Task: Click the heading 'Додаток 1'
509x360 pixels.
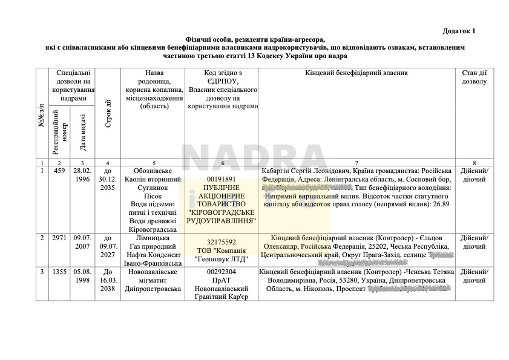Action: coord(459,30)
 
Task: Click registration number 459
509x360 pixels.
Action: coord(59,171)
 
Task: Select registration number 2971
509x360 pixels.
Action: coord(59,238)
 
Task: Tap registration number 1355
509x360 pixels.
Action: coord(59,272)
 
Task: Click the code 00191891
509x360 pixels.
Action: coord(222,180)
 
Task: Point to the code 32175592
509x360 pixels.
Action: coord(222,242)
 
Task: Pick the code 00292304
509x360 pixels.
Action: coord(222,272)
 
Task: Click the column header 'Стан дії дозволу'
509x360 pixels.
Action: coord(474,77)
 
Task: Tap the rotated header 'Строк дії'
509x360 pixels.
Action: coord(108,113)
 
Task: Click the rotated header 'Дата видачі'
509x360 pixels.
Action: coord(83,132)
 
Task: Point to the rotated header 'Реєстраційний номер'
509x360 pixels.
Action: coord(60,131)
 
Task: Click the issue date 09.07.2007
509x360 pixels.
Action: coord(82,242)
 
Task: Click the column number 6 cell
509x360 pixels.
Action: coord(222,163)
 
